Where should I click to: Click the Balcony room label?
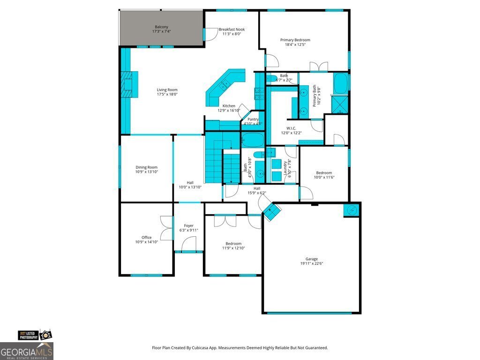(x=161, y=27)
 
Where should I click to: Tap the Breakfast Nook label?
(x=232, y=30)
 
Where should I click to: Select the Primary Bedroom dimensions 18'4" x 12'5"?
(x=295, y=45)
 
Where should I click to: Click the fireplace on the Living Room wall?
(x=127, y=84)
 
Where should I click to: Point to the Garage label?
(x=312, y=259)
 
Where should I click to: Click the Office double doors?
(x=167, y=228)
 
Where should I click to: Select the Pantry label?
(x=253, y=120)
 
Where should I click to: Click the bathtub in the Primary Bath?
(x=340, y=83)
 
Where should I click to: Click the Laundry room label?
(x=285, y=168)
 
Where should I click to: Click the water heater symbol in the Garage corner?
(x=352, y=210)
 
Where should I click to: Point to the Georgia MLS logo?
(x=27, y=351)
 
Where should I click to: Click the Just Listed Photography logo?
(x=34, y=335)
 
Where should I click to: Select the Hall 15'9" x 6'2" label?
(x=257, y=190)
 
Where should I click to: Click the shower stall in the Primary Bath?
(x=339, y=104)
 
